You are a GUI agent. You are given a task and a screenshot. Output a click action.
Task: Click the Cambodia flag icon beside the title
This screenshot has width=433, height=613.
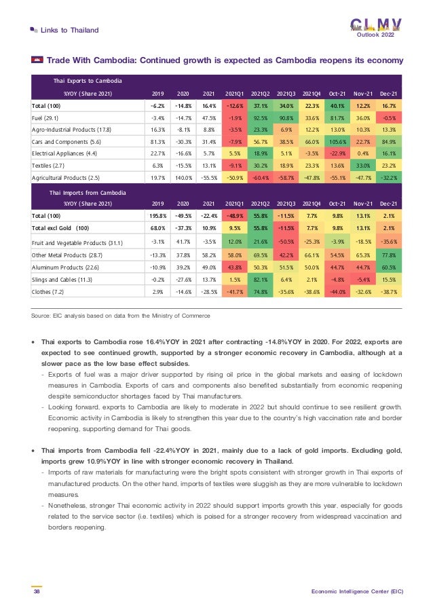(x=37, y=60)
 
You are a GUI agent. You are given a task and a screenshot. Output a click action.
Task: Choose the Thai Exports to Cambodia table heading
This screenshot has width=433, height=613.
(x=88, y=81)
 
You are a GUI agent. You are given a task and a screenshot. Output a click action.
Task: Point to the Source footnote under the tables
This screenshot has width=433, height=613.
(x=121, y=316)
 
